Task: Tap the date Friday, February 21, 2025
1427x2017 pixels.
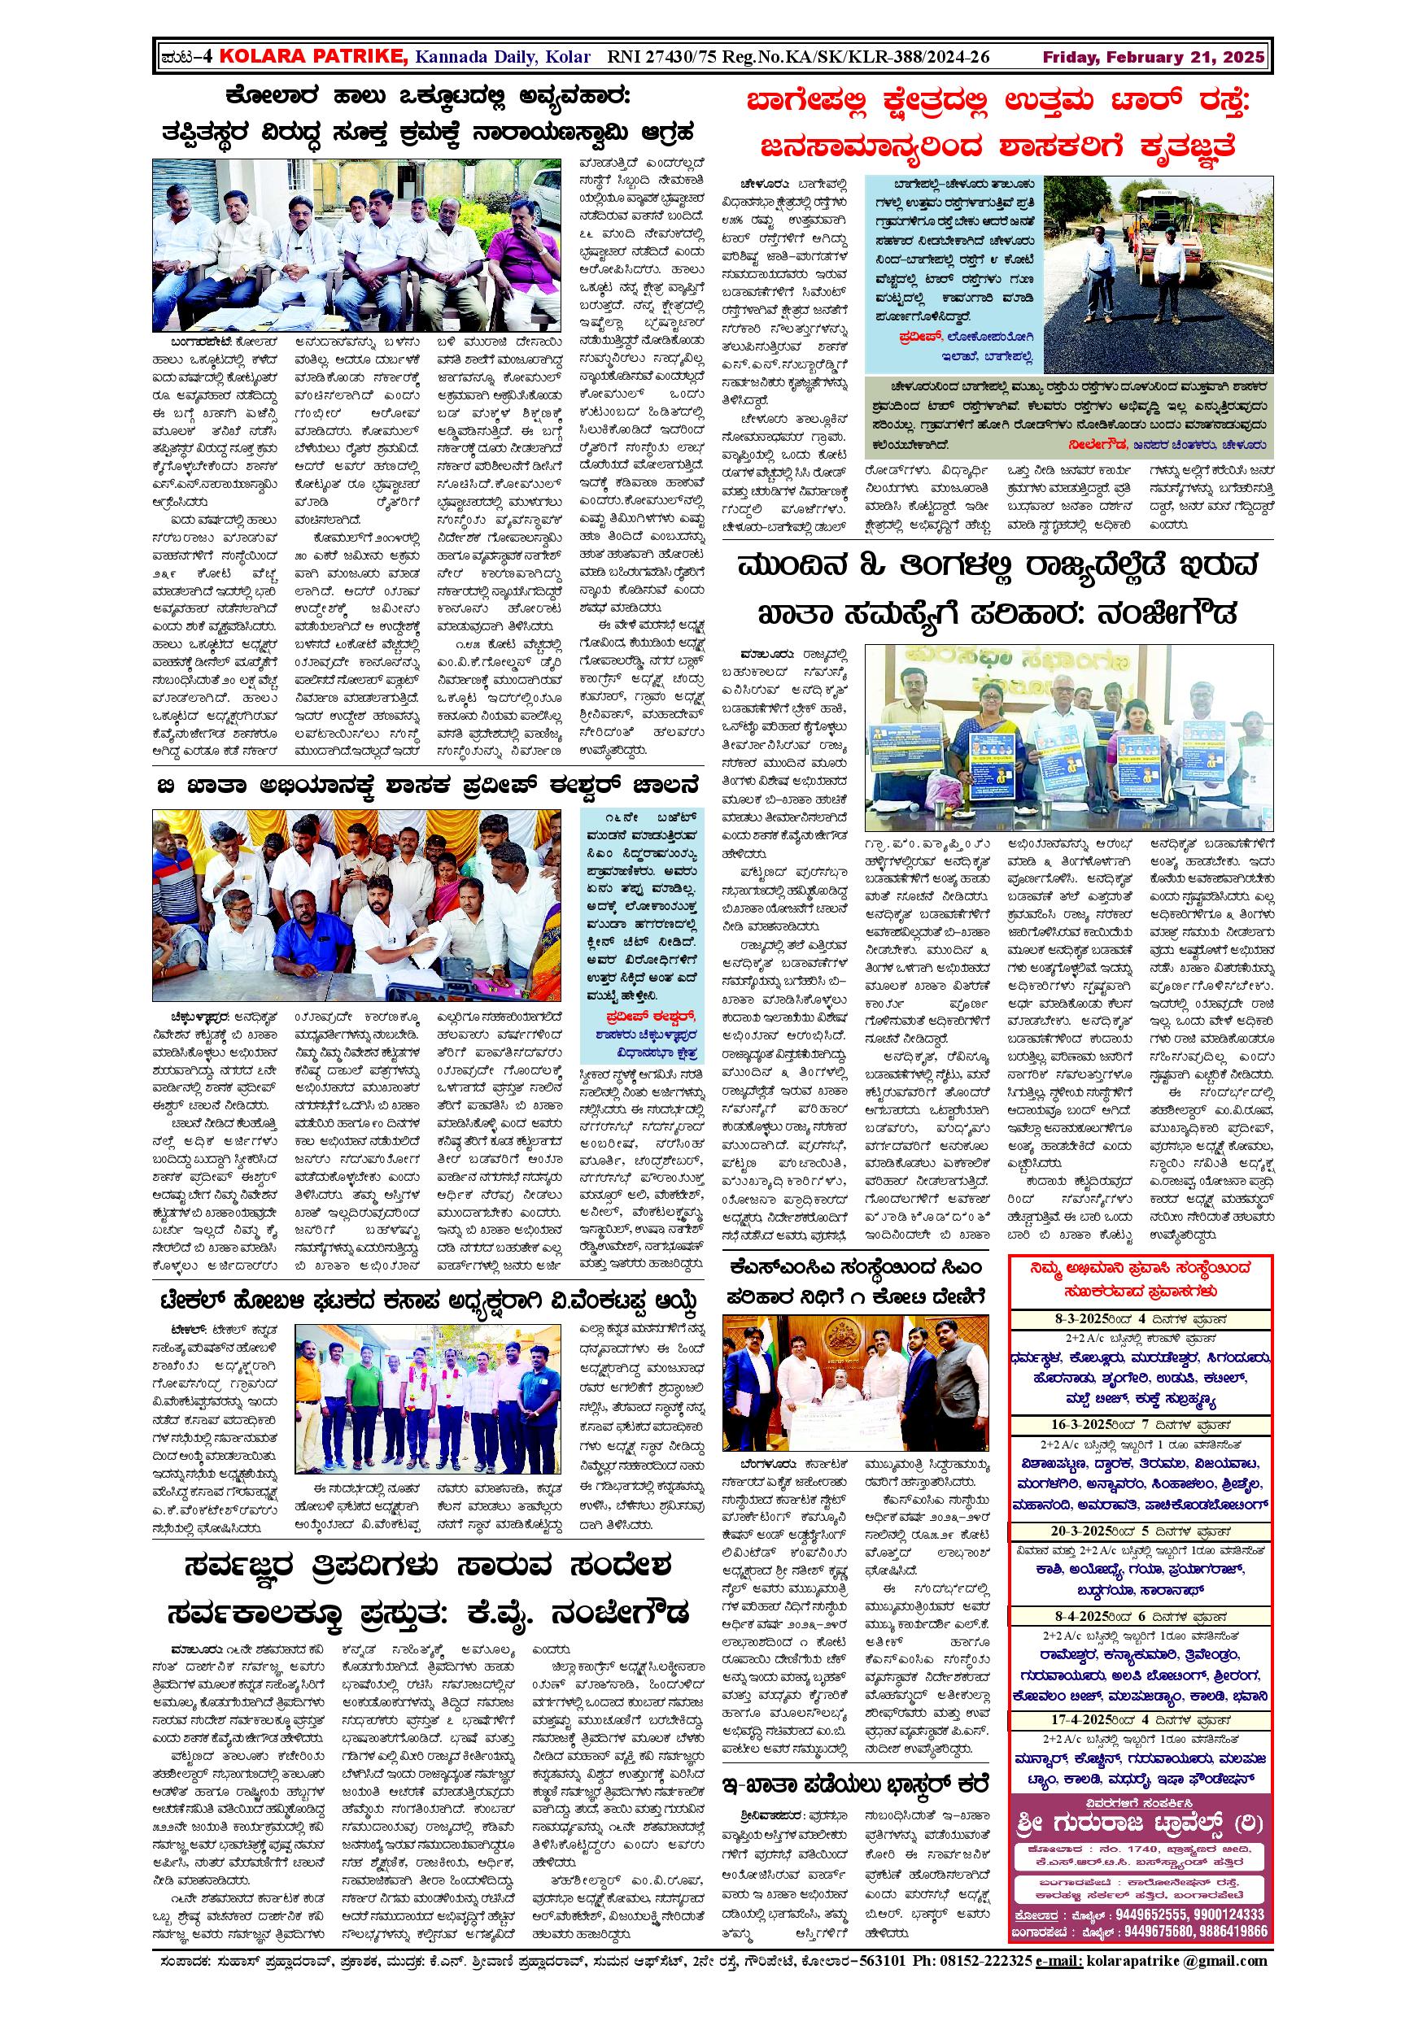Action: (x=1153, y=57)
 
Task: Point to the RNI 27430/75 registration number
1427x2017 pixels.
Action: (x=657, y=57)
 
